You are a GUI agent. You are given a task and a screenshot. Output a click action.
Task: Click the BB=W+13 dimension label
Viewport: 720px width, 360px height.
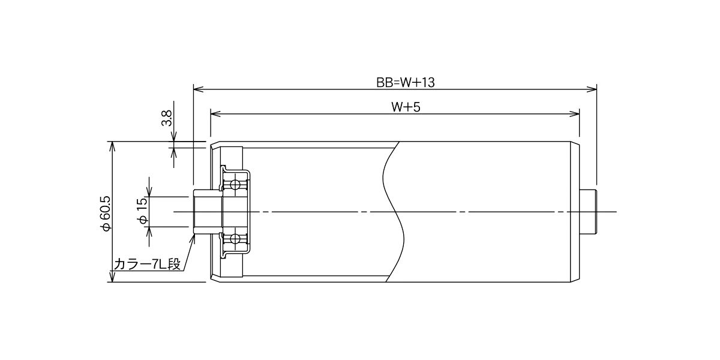coord(406,83)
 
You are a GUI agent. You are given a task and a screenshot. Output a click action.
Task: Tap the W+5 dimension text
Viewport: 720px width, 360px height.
coord(406,107)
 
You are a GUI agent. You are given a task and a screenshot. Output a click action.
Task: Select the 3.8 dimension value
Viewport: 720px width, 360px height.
coord(167,118)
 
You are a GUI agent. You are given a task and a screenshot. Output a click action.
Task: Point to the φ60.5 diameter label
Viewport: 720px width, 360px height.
coord(106,213)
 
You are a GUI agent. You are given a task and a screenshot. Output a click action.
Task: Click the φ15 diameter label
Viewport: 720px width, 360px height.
coord(143,211)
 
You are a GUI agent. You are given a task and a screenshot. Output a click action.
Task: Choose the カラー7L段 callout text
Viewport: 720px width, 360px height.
coord(147,264)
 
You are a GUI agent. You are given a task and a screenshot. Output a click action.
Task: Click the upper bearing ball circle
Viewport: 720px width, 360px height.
coord(235,185)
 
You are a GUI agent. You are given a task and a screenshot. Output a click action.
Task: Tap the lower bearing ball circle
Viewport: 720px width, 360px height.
coord(235,239)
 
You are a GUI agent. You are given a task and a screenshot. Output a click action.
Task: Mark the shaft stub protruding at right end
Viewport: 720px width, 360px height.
coord(588,212)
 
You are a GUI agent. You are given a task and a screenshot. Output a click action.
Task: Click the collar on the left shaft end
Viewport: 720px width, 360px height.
coord(208,212)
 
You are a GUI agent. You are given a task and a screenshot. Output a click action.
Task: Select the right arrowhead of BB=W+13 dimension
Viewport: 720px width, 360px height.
coord(592,89)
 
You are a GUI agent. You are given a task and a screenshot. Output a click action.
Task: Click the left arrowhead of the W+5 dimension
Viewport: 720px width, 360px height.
coord(215,114)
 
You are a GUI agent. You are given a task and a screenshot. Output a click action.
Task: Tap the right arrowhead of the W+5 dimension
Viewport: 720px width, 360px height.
coord(574,114)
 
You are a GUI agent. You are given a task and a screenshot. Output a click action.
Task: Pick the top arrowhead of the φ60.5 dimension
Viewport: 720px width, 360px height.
coord(112,146)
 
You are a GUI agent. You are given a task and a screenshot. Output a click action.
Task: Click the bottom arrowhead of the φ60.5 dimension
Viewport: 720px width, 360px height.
coord(112,277)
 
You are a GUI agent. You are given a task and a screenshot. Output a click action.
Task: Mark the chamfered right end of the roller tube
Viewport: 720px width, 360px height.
coord(575,212)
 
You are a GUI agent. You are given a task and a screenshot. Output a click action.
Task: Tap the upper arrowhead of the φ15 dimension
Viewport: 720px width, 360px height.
coord(149,191)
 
